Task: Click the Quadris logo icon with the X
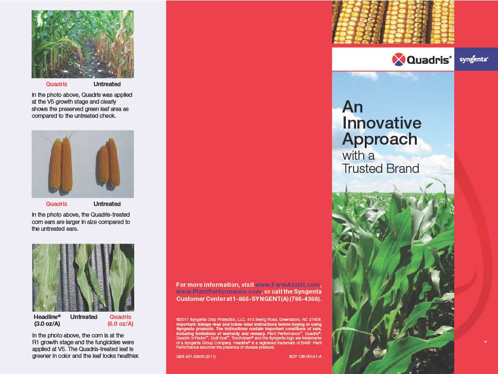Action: (398, 59)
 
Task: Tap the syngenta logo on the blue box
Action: (474, 59)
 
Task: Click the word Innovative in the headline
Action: (382, 122)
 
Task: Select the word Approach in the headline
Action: (380, 139)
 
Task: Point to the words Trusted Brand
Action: (380, 168)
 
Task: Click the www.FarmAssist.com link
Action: (287, 284)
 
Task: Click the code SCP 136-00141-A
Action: (305, 357)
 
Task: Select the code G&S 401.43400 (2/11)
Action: (196, 357)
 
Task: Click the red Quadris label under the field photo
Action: (56, 84)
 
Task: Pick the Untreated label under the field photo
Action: (107, 84)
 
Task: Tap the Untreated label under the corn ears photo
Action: (107, 204)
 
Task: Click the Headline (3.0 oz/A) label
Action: (47, 320)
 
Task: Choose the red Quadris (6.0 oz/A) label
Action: (120, 320)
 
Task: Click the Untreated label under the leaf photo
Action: (84, 317)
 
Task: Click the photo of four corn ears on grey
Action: (83, 164)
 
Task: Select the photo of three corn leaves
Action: (83, 278)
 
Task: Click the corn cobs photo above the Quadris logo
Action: (393, 22)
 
